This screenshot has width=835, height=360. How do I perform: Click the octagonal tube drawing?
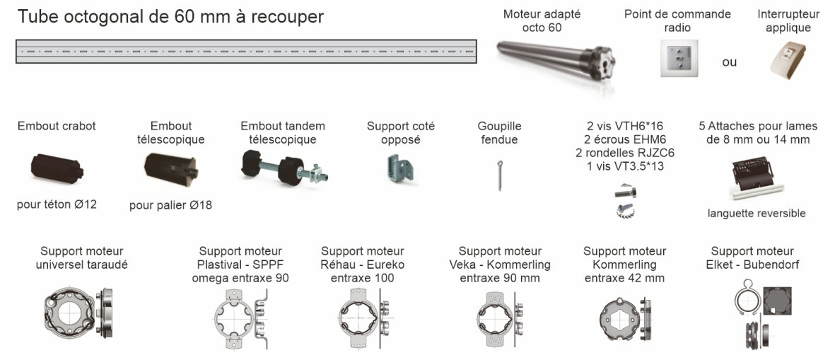246,52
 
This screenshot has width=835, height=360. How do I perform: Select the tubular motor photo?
556,59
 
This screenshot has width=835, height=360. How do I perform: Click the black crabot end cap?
57,168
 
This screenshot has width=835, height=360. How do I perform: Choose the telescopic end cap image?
171,169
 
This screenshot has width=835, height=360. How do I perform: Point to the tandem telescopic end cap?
284,167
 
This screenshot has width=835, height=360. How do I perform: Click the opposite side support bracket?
400,169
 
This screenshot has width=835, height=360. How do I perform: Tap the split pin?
498,175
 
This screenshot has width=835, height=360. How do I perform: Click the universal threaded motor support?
79,313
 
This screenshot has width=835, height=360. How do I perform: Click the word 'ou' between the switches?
730,62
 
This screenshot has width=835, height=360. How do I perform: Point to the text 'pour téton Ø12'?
57,204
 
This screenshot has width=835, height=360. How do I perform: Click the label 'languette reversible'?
757,214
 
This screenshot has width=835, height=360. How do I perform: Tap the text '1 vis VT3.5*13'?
625,166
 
